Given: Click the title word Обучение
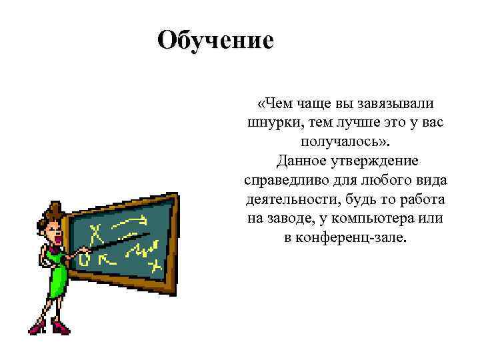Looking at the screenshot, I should [215, 40].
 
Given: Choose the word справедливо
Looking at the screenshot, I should [284, 181].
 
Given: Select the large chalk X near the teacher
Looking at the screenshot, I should [97, 234].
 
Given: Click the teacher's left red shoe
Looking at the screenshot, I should [37, 327].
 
